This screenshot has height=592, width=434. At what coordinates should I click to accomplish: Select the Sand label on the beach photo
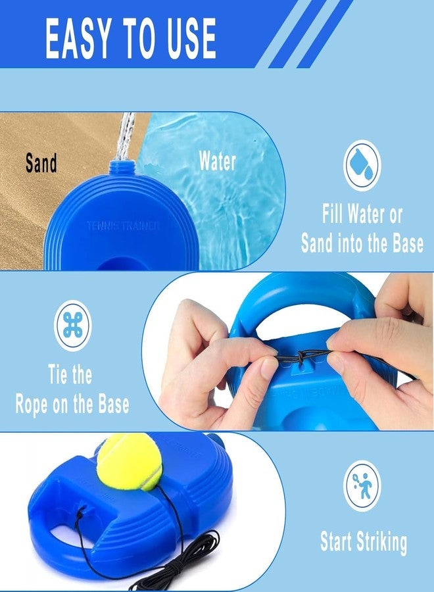coord(41,163)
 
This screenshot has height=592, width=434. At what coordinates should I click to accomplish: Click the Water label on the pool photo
coord(217,162)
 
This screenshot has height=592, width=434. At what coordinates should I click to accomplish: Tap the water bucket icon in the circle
coord(362,165)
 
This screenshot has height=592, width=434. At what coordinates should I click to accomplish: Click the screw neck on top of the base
coord(122,169)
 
